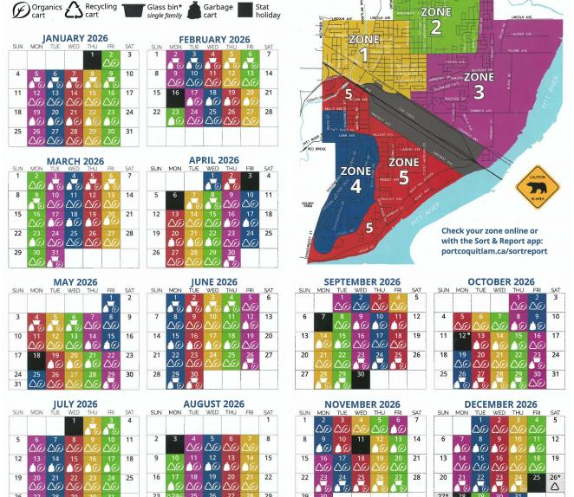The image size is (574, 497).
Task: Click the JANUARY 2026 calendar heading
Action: [x=75, y=38]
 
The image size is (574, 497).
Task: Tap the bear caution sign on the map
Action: [x=538, y=185]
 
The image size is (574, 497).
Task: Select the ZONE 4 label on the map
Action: [x=355, y=178]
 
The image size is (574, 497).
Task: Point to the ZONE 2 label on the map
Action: [x=435, y=20]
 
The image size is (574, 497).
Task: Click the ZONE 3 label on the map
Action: [x=479, y=83]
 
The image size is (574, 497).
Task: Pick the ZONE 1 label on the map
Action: [x=363, y=48]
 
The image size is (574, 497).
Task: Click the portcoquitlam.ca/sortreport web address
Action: [x=494, y=251]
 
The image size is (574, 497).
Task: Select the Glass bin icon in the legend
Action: [x=133, y=10]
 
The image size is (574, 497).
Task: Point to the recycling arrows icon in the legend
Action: [x=73, y=10]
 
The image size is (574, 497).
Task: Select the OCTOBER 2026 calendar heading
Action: [x=500, y=282]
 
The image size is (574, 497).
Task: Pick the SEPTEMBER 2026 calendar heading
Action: [x=362, y=282]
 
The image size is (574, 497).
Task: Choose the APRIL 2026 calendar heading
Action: [x=213, y=160]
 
